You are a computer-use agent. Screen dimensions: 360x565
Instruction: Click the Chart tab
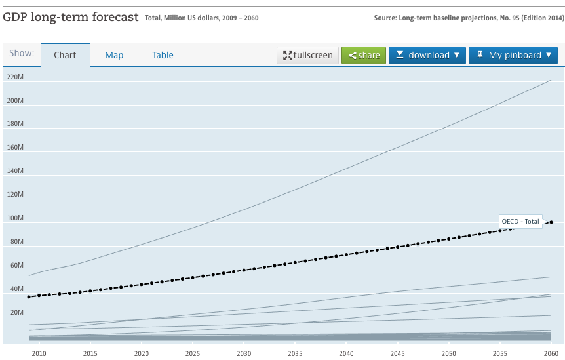click(65, 55)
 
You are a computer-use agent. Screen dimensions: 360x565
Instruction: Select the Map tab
click(114, 55)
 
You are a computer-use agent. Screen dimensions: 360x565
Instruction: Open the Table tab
click(163, 55)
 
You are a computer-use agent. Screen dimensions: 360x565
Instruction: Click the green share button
click(364, 55)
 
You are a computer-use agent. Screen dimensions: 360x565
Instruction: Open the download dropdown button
click(427, 55)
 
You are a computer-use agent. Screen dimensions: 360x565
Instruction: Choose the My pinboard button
click(513, 55)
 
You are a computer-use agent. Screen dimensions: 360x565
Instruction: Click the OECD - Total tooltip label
click(520, 222)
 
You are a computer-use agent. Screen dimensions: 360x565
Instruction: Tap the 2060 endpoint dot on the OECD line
click(551, 222)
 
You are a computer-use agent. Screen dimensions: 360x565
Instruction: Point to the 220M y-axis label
click(15, 77)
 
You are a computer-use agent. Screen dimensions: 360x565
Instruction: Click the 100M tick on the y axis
click(15, 218)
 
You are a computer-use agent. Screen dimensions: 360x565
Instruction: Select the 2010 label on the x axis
click(39, 353)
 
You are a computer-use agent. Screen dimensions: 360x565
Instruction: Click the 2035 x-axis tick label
click(295, 353)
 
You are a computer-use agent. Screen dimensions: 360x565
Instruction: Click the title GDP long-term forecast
click(71, 17)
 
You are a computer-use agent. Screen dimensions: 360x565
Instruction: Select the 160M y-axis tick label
click(15, 148)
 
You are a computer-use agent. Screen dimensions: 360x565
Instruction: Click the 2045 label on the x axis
click(397, 353)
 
